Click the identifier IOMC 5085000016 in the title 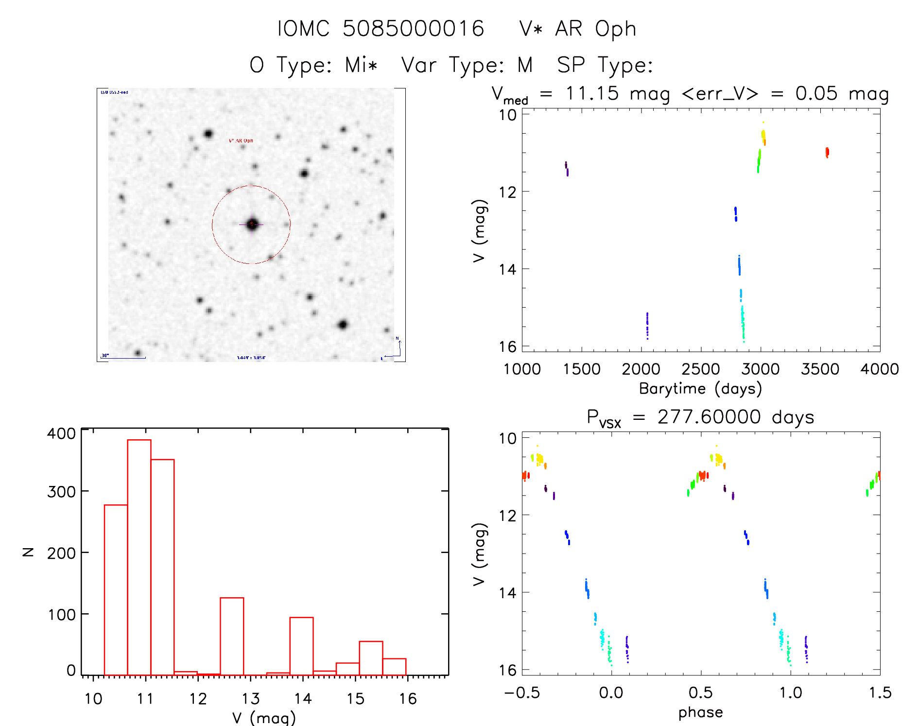381,29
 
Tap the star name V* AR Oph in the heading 577,29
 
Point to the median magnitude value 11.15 592,93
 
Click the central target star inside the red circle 252,224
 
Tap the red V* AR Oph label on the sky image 241,140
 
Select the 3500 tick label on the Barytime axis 820,369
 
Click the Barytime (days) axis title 700,389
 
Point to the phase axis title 700,712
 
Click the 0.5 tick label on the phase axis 700,692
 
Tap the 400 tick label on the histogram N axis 61,433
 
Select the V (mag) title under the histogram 264,718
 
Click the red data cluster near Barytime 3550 827,152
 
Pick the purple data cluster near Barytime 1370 567,168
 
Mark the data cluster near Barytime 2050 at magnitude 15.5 647,326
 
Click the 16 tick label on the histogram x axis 408,699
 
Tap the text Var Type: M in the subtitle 467,65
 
